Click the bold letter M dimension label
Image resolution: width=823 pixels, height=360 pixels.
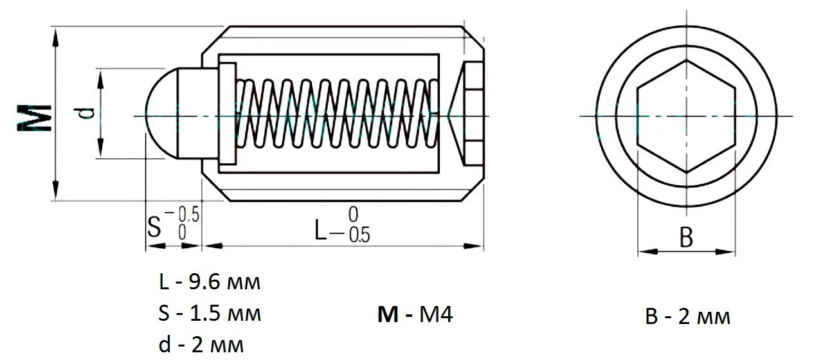[x=34, y=118]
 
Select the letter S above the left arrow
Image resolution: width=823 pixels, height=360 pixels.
[x=154, y=227]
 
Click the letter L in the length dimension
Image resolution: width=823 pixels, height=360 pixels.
[x=320, y=230]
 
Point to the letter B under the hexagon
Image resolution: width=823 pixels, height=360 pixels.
[x=686, y=237]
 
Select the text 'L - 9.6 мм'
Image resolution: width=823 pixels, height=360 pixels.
[x=210, y=282]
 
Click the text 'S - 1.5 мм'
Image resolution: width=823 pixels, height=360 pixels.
[x=210, y=314]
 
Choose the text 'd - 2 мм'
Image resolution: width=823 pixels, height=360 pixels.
[x=201, y=345]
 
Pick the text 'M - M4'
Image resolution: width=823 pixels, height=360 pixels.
[x=415, y=314]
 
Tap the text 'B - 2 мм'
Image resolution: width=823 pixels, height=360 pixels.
[x=688, y=317]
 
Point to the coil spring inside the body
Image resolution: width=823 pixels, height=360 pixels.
[x=336, y=114]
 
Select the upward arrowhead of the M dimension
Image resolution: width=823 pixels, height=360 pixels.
[x=55, y=38]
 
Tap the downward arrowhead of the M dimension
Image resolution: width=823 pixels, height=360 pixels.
[x=55, y=190]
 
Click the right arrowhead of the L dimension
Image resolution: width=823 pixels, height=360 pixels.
[x=473, y=246]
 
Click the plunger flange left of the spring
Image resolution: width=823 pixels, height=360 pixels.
[x=228, y=114]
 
